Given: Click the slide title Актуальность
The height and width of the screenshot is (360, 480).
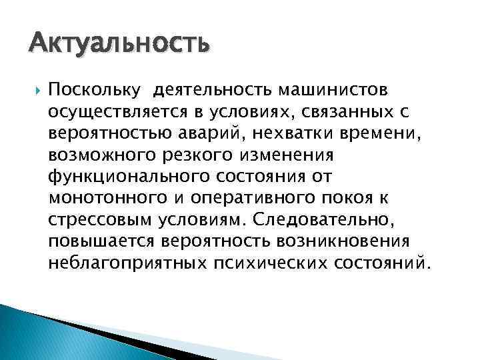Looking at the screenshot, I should tap(119, 45).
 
